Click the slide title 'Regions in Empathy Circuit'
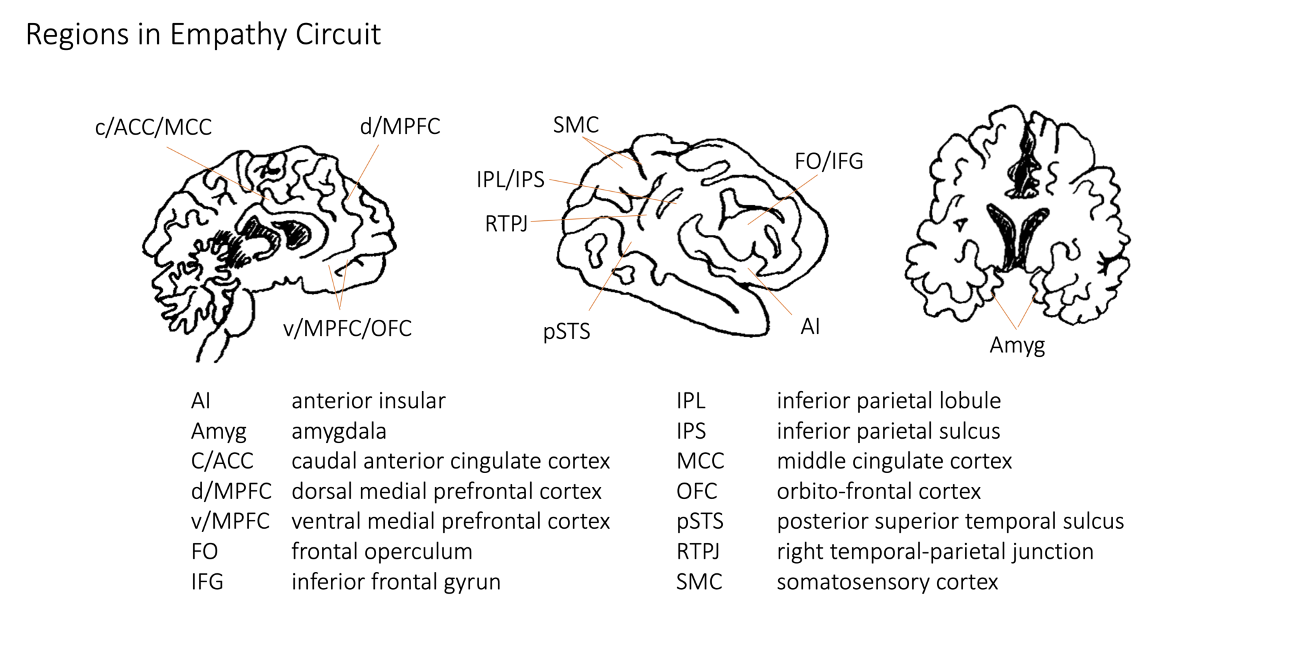point(203,34)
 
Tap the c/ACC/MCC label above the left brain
point(153,127)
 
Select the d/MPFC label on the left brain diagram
point(400,126)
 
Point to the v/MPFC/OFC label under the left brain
point(347,328)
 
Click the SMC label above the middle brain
point(576,125)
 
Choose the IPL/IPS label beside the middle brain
point(510,180)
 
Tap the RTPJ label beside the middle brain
point(506,224)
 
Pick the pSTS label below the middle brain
point(566,331)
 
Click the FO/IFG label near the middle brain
point(828,161)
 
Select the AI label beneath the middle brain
point(810,326)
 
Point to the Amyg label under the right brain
point(1016,345)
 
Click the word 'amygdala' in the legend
point(339,431)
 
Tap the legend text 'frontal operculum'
point(382,551)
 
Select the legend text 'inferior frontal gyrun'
point(396,582)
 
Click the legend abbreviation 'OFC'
point(696,491)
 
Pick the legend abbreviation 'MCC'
point(700,461)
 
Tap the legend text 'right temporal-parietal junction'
point(934,551)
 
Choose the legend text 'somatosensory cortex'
point(887,582)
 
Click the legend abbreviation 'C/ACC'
point(222,461)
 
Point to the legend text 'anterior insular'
point(368,401)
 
